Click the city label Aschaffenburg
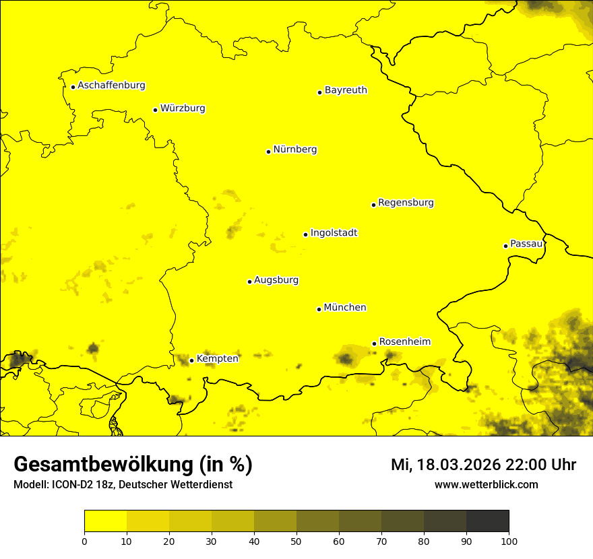[x=111, y=86]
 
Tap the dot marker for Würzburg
[x=155, y=110]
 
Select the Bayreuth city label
[x=346, y=90]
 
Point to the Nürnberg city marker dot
[x=268, y=152]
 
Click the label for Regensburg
[x=406, y=203]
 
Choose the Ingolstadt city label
[x=334, y=233]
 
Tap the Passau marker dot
[x=505, y=246]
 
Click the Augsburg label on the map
[x=276, y=280]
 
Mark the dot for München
[x=319, y=309]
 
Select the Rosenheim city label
[x=404, y=342]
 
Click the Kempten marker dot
[x=191, y=360]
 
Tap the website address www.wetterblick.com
[x=487, y=485]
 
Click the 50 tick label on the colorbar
[x=296, y=541]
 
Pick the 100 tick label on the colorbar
[x=509, y=541]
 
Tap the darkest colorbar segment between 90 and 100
[x=487, y=521]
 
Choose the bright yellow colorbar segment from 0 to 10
[x=105, y=521]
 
